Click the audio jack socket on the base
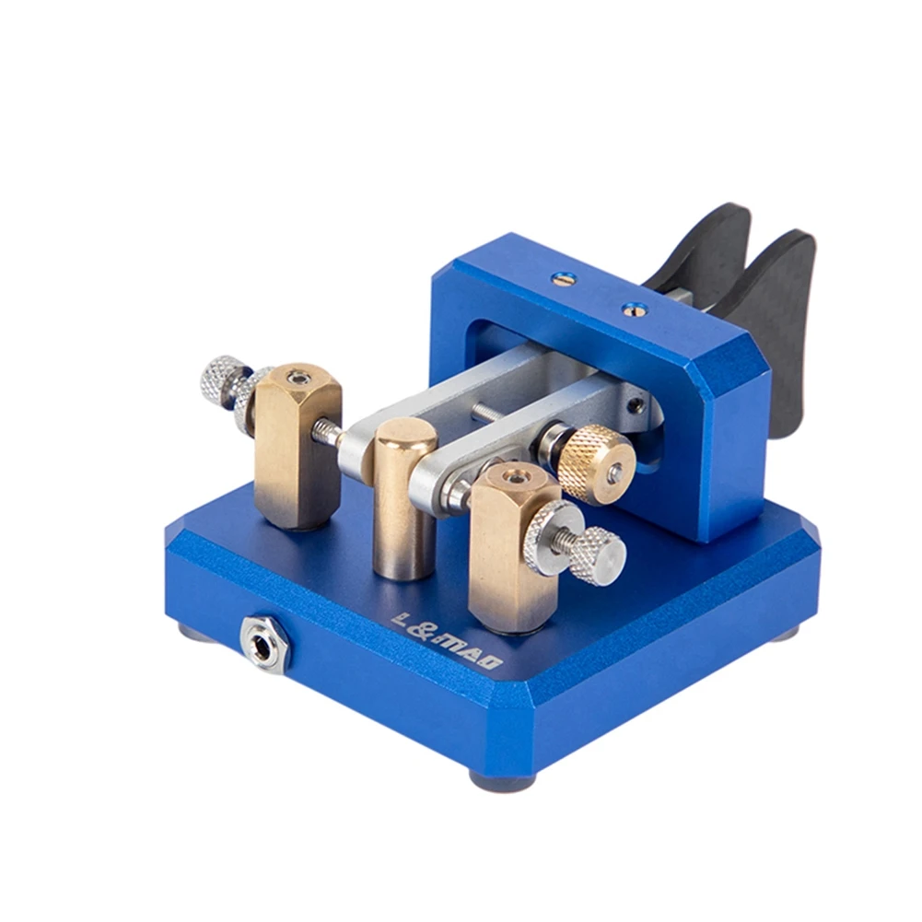(265, 643)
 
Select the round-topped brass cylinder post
(405, 497)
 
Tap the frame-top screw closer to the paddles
(631, 309)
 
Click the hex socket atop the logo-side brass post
(511, 478)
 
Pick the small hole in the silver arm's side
(634, 403)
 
